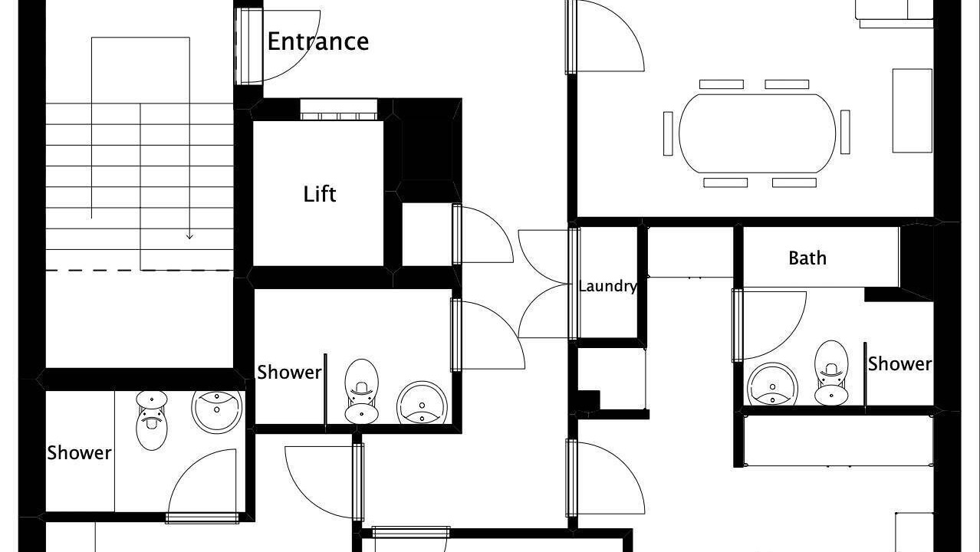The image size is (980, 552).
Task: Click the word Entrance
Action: [x=318, y=41]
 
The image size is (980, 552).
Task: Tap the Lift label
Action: [x=320, y=194]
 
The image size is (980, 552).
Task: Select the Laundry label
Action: [x=607, y=287]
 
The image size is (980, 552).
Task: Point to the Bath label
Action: [x=807, y=258]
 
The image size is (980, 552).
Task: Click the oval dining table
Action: [x=758, y=133]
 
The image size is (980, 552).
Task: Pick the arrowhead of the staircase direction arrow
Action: [x=189, y=236]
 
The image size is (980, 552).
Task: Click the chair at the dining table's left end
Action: [x=668, y=133]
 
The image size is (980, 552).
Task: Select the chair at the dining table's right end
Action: [x=845, y=132]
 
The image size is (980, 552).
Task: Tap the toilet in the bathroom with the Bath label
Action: [x=831, y=373]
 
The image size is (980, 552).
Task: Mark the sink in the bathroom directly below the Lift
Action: [x=422, y=402]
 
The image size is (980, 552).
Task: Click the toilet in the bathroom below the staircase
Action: [x=151, y=420]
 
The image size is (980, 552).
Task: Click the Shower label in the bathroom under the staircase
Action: [x=79, y=452]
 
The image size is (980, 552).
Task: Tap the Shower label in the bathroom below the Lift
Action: [x=289, y=373]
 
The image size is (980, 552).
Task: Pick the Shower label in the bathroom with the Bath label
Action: [x=899, y=364]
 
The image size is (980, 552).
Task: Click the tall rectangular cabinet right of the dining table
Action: [x=913, y=110]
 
